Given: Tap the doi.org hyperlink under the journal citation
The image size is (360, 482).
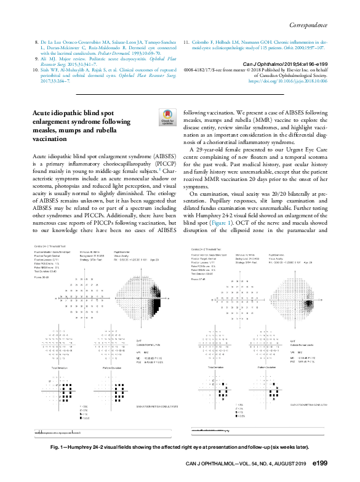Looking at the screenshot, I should pyautogui.click(x=288, y=81).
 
